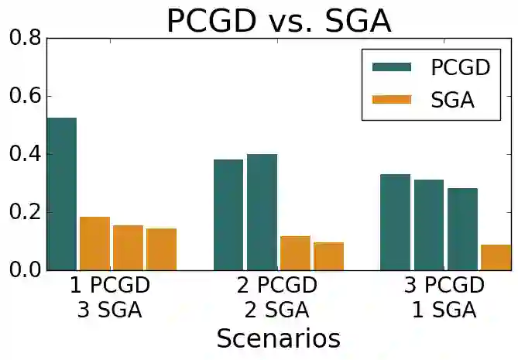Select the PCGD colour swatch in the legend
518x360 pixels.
394,68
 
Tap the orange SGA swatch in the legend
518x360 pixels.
394,100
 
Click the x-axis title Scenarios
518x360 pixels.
278,338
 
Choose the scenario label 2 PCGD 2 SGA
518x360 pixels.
276,298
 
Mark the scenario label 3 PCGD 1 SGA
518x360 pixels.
444,298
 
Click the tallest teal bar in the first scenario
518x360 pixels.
62,194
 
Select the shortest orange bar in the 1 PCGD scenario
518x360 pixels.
162,249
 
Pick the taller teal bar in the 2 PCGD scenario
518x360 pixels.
262,212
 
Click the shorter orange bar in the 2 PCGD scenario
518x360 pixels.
328,256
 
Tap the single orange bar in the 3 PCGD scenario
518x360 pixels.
496,257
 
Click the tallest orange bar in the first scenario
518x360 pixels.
94,243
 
